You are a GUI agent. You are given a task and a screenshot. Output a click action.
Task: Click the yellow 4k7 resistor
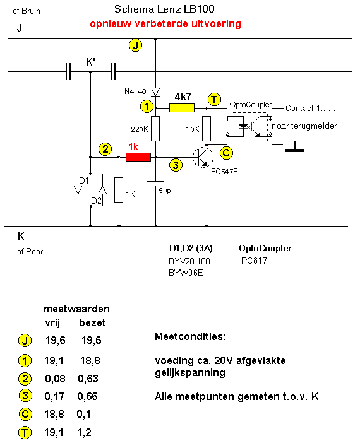tap(182, 108)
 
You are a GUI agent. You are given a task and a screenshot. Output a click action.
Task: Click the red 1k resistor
tap(138, 157)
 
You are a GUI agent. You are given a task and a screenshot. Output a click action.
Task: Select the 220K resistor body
tap(155, 129)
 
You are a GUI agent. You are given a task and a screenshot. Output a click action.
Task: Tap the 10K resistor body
tap(207, 129)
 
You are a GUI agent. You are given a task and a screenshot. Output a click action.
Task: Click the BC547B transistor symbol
tap(203, 157)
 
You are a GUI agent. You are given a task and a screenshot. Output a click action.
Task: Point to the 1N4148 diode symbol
tap(155, 91)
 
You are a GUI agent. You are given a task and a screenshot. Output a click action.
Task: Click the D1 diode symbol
tap(78, 190)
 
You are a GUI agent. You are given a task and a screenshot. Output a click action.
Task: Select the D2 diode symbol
tap(102, 190)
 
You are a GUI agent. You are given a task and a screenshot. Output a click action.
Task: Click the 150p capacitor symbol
tap(155, 184)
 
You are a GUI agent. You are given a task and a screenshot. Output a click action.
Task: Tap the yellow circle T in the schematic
tap(214, 100)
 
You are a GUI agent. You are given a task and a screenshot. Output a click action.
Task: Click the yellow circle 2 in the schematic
tap(105, 149)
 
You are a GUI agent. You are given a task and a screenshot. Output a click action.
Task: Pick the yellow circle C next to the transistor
tap(226, 153)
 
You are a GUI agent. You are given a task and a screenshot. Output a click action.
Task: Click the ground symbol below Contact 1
tap(294, 147)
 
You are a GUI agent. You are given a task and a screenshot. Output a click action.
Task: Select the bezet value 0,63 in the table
tap(88, 379)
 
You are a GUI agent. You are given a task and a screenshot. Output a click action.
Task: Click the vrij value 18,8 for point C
tap(54, 415)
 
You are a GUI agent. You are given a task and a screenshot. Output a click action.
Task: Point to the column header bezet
tap(92, 323)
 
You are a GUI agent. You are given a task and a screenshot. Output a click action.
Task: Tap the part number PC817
tap(254, 261)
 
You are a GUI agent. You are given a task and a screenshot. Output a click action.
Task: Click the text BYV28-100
tap(189, 261)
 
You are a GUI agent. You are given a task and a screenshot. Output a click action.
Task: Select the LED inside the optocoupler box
tap(243, 126)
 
